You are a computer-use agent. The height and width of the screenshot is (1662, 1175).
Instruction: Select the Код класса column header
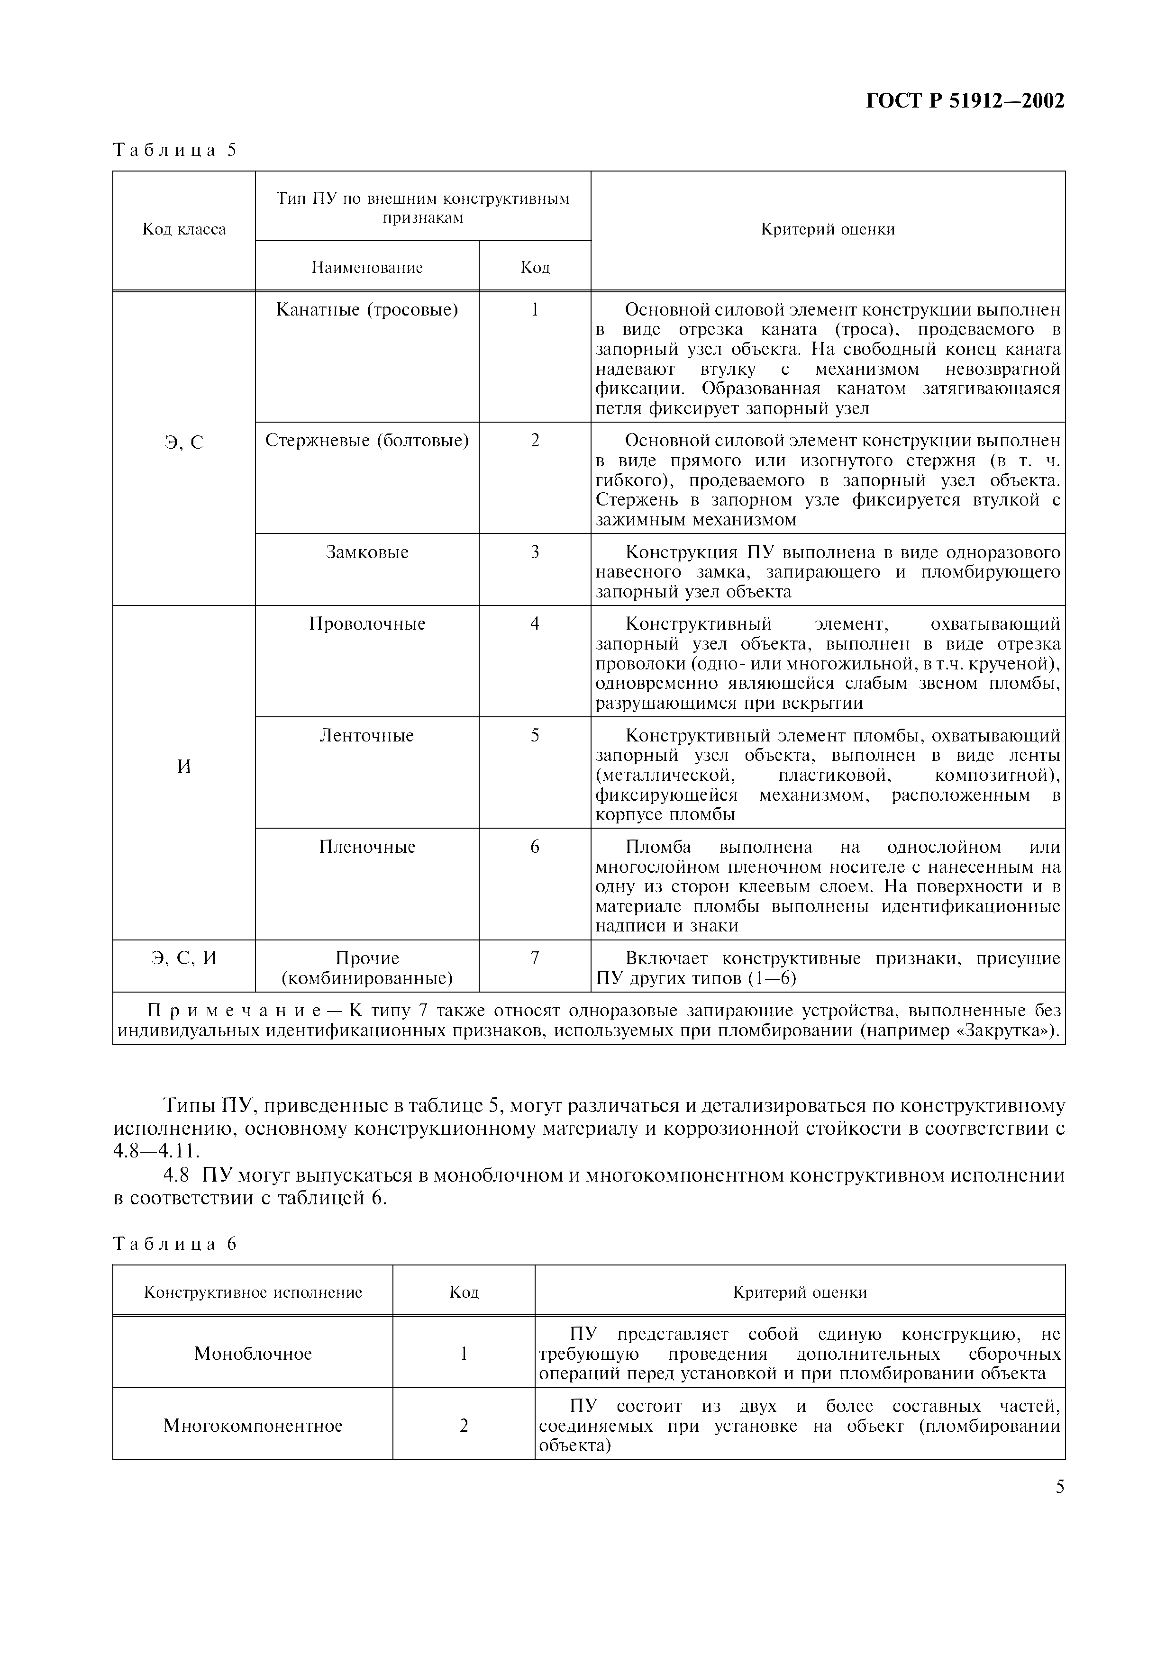pos(184,229)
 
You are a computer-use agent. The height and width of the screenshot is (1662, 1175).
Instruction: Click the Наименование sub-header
pos(367,267)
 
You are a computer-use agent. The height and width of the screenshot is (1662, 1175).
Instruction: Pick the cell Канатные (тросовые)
pos(367,310)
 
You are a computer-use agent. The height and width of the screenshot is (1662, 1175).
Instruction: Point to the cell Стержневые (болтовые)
pos(367,440)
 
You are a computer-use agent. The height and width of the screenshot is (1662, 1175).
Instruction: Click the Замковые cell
pos(367,552)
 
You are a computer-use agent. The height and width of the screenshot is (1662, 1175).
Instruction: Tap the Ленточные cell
pos(367,735)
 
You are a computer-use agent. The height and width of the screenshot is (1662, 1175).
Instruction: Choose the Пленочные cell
pos(367,847)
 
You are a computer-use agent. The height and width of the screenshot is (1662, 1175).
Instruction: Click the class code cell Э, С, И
pos(184,958)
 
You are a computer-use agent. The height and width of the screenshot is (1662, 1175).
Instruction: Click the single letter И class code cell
pos(184,767)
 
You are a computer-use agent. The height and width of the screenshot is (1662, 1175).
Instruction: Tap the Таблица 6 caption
pos(174,1244)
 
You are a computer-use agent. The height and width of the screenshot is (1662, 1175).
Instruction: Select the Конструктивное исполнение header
pos(253,1292)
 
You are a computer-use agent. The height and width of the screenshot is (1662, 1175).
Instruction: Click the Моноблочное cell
pos(253,1354)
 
